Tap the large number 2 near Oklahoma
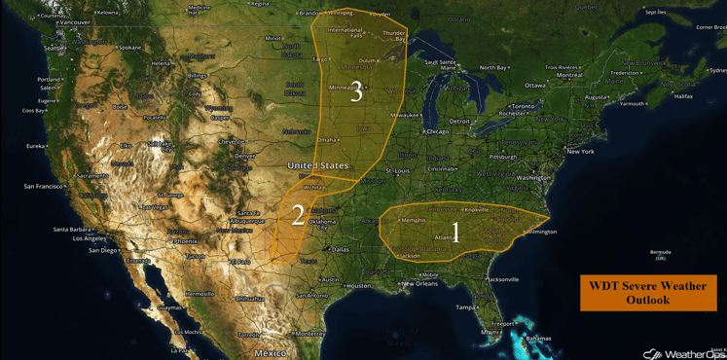(298, 215)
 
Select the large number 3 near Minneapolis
(356, 92)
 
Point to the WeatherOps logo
(683, 353)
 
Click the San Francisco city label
(43, 186)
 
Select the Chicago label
(436, 131)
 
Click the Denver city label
(244, 156)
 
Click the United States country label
(317, 166)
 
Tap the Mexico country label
(271, 353)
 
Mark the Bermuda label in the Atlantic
(661, 253)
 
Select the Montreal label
(569, 75)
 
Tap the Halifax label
(683, 96)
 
